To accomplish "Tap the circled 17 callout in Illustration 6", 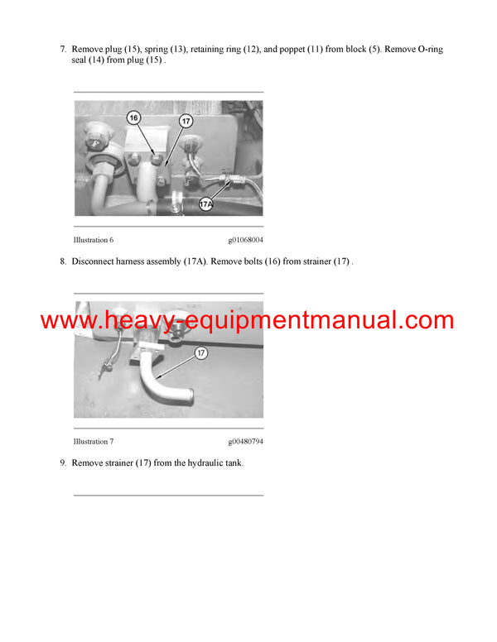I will tap(186, 122).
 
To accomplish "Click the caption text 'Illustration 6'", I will tap(93, 240).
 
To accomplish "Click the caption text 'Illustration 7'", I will tap(93, 441).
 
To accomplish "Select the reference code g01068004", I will tap(245, 240).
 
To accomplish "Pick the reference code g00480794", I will tap(245, 441).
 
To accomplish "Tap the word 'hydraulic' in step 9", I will tap(195, 463).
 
